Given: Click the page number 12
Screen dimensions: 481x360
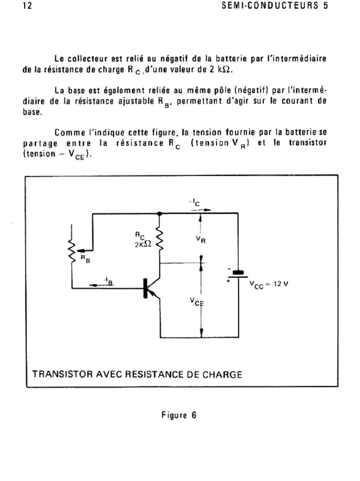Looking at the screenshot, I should coord(27,6).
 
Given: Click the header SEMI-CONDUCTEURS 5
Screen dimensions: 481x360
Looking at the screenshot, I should coord(274,6).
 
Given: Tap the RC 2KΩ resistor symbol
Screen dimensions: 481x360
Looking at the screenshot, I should coord(160,240).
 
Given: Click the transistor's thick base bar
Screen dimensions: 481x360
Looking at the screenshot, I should coord(146,288).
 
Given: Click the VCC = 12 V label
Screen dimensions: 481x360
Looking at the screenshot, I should coord(268,284).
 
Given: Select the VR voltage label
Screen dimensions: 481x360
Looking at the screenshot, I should coord(201,239).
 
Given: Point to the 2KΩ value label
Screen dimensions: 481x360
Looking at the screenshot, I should coord(143,245).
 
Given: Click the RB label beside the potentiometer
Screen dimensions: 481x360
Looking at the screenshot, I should coord(85,259).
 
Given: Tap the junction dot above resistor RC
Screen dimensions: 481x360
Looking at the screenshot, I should coord(160,213).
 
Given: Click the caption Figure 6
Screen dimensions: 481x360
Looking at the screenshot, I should coord(179,415).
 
